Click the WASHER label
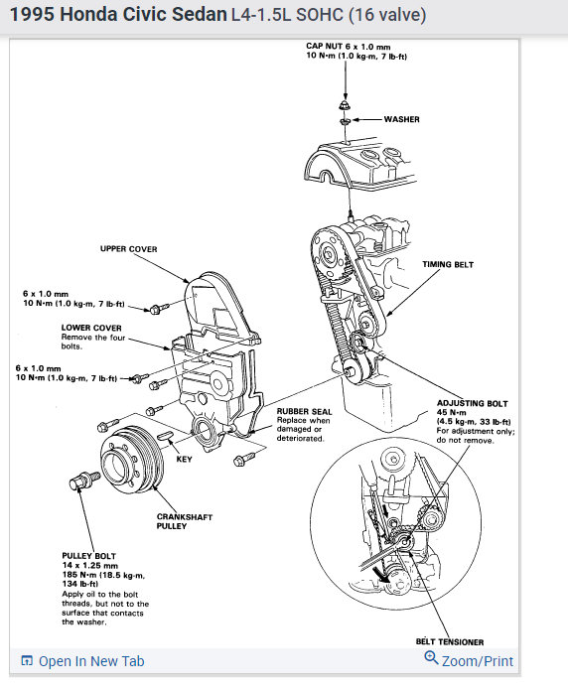coord(401,119)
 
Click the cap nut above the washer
coord(345,105)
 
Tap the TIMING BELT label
coord(448,264)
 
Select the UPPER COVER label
coord(128,249)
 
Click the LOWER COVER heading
coord(91,328)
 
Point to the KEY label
coord(184,459)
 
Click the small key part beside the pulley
coord(164,435)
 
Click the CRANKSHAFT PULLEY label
coord(185,521)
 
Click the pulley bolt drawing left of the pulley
coord(84,481)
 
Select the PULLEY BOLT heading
coord(89,556)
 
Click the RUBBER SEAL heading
coord(304,411)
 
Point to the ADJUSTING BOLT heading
coord(472,403)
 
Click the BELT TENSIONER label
coord(450,642)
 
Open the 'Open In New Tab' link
coord(82,661)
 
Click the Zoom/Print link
coord(478,661)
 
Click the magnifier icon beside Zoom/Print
coord(431,658)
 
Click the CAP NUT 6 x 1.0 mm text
coord(349,47)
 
